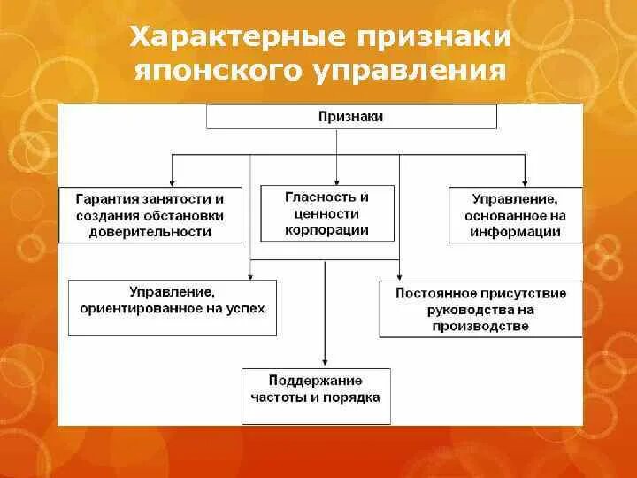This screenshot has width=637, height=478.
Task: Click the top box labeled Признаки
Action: (351, 116)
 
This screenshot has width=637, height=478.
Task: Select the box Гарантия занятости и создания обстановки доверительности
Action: (150, 215)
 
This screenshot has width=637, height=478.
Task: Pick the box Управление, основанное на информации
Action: (516, 215)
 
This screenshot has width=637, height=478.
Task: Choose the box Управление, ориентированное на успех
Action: (172, 307)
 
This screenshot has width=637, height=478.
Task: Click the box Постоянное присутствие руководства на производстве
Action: (481, 310)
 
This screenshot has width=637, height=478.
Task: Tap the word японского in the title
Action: (217, 70)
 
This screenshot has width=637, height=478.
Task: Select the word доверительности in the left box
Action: (150, 232)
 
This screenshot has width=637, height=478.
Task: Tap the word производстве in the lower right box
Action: (481, 326)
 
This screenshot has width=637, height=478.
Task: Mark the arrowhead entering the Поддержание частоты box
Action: (326, 363)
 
